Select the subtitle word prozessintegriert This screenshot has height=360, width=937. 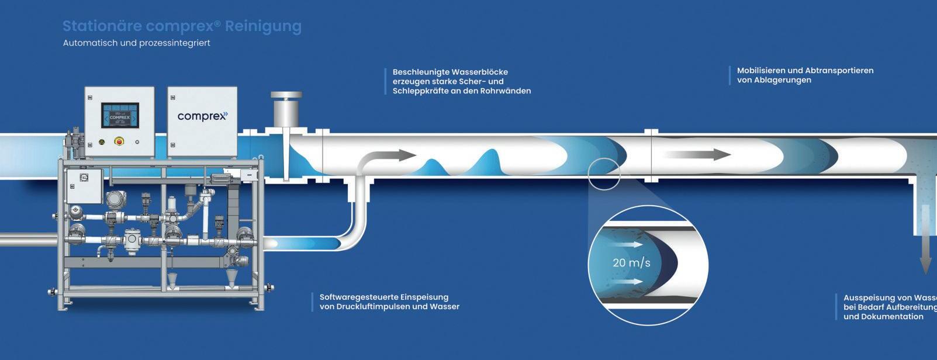pos(175,43)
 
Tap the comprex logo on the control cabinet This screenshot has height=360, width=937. pos(202,116)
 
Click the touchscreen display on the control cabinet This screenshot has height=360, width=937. pos(120,116)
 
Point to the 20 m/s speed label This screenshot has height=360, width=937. pos(631,263)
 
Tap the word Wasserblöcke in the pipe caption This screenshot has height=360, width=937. pos(479,72)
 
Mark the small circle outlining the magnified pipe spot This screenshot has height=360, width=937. pos(604,174)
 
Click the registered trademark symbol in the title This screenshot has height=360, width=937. pos(217,23)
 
